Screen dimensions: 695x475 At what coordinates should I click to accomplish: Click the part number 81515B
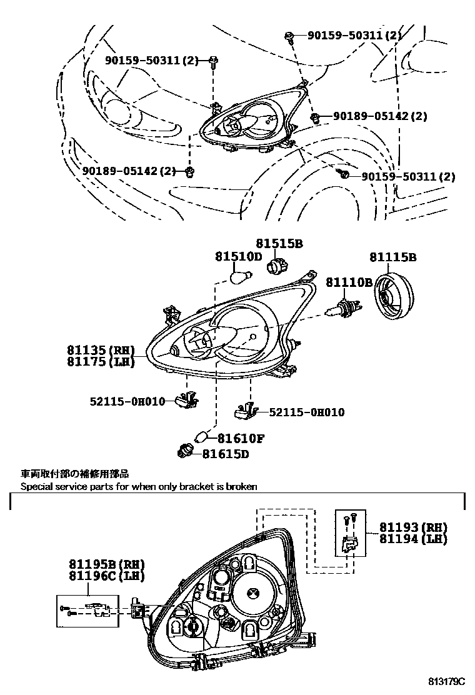pyautogui.click(x=278, y=243)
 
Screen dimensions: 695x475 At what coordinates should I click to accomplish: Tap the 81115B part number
pyautogui.click(x=392, y=257)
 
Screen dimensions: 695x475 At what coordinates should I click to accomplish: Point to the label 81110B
pyautogui.click(x=349, y=282)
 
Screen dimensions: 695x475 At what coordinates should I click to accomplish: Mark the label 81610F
pyautogui.click(x=241, y=439)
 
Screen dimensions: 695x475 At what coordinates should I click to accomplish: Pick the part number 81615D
pyautogui.click(x=225, y=454)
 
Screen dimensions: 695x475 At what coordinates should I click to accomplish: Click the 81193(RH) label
pyautogui.click(x=413, y=527)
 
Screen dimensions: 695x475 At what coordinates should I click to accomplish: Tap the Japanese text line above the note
pyautogui.click(x=74, y=474)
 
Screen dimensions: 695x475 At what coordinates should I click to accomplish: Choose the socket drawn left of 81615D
pyautogui.click(x=185, y=449)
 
